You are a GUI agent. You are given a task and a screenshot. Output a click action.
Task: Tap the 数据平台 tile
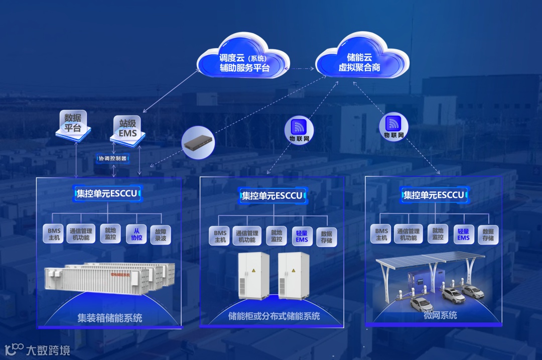click(x=73, y=124)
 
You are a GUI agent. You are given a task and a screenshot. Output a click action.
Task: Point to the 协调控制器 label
click(x=113, y=158)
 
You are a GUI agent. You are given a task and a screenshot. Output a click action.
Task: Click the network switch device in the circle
click(x=198, y=143)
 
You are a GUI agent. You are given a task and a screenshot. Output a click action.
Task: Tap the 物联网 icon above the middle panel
click(x=300, y=129)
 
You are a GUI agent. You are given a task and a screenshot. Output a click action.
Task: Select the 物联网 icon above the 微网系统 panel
click(x=394, y=126)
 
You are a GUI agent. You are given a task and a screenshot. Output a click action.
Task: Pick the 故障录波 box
click(x=161, y=234)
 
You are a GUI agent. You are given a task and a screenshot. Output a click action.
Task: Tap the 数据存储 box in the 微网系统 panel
click(x=488, y=235)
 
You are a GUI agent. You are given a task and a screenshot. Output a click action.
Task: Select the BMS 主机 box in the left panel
click(x=54, y=234)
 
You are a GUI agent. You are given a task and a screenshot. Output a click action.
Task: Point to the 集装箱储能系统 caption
click(x=109, y=318)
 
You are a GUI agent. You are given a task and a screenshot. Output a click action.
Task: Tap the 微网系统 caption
click(x=433, y=315)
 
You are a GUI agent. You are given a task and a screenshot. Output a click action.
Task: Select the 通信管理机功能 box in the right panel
click(x=408, y=235)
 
